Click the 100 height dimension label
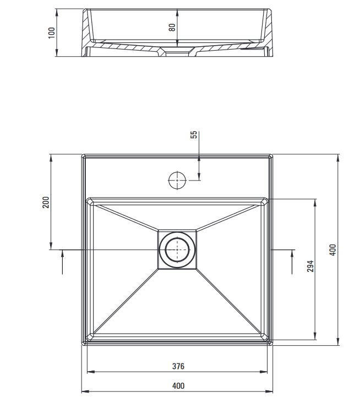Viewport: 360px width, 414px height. coord(52,32)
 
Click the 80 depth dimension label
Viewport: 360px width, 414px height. coord(172,26)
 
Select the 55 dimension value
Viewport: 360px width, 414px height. coord(194,135)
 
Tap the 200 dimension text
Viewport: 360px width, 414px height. coord(46,202)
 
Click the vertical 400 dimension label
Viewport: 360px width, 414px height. coord(332,249)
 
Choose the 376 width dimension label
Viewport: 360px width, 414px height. coord(178,366)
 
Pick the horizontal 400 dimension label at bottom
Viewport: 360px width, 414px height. coord(178,386)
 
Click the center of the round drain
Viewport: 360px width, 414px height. coord(177,249)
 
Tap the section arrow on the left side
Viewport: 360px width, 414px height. coord(62,261)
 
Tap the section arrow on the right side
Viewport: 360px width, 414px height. coord(291,261)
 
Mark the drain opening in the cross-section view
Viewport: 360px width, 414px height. coord(177,53)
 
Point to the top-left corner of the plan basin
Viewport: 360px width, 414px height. coord(83,156)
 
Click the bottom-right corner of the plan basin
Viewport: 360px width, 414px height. coord(271,344)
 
